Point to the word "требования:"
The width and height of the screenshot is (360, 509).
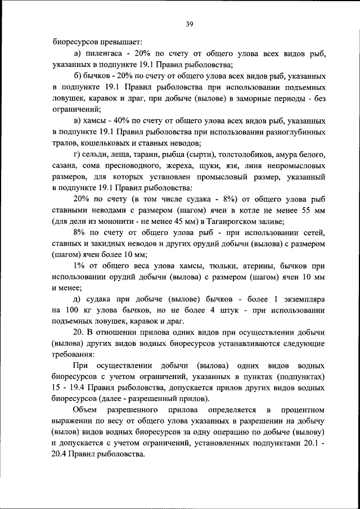point(73,355)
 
